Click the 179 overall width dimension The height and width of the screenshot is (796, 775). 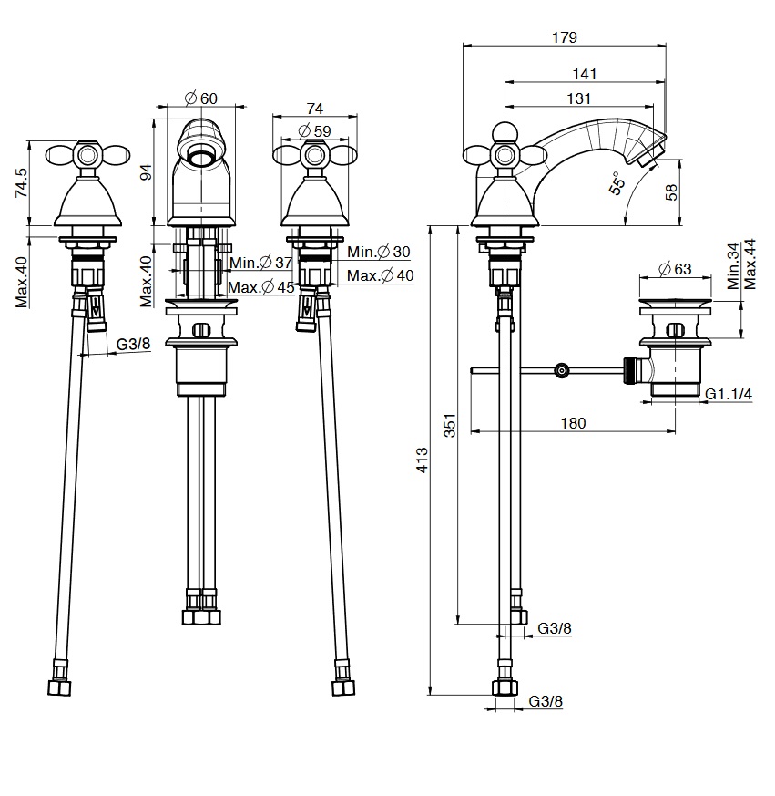pos(565,37)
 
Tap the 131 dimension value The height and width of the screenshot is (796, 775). pos(579,98)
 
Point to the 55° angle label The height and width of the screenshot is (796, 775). pos(618,183)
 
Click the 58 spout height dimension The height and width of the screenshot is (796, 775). pos(673,192)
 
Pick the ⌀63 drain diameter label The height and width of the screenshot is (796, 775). pos(674,268)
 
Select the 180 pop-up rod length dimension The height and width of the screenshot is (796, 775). pos(572,423)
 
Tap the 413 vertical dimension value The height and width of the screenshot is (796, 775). pos(422,459)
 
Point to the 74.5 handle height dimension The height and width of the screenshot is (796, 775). pos(21,181)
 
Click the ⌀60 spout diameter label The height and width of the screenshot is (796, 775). pos(200,98)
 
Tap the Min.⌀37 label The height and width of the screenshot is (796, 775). pos(260,263)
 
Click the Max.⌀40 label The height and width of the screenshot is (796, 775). pos(380,275)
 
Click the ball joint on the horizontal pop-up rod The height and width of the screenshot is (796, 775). pos(562,370)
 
